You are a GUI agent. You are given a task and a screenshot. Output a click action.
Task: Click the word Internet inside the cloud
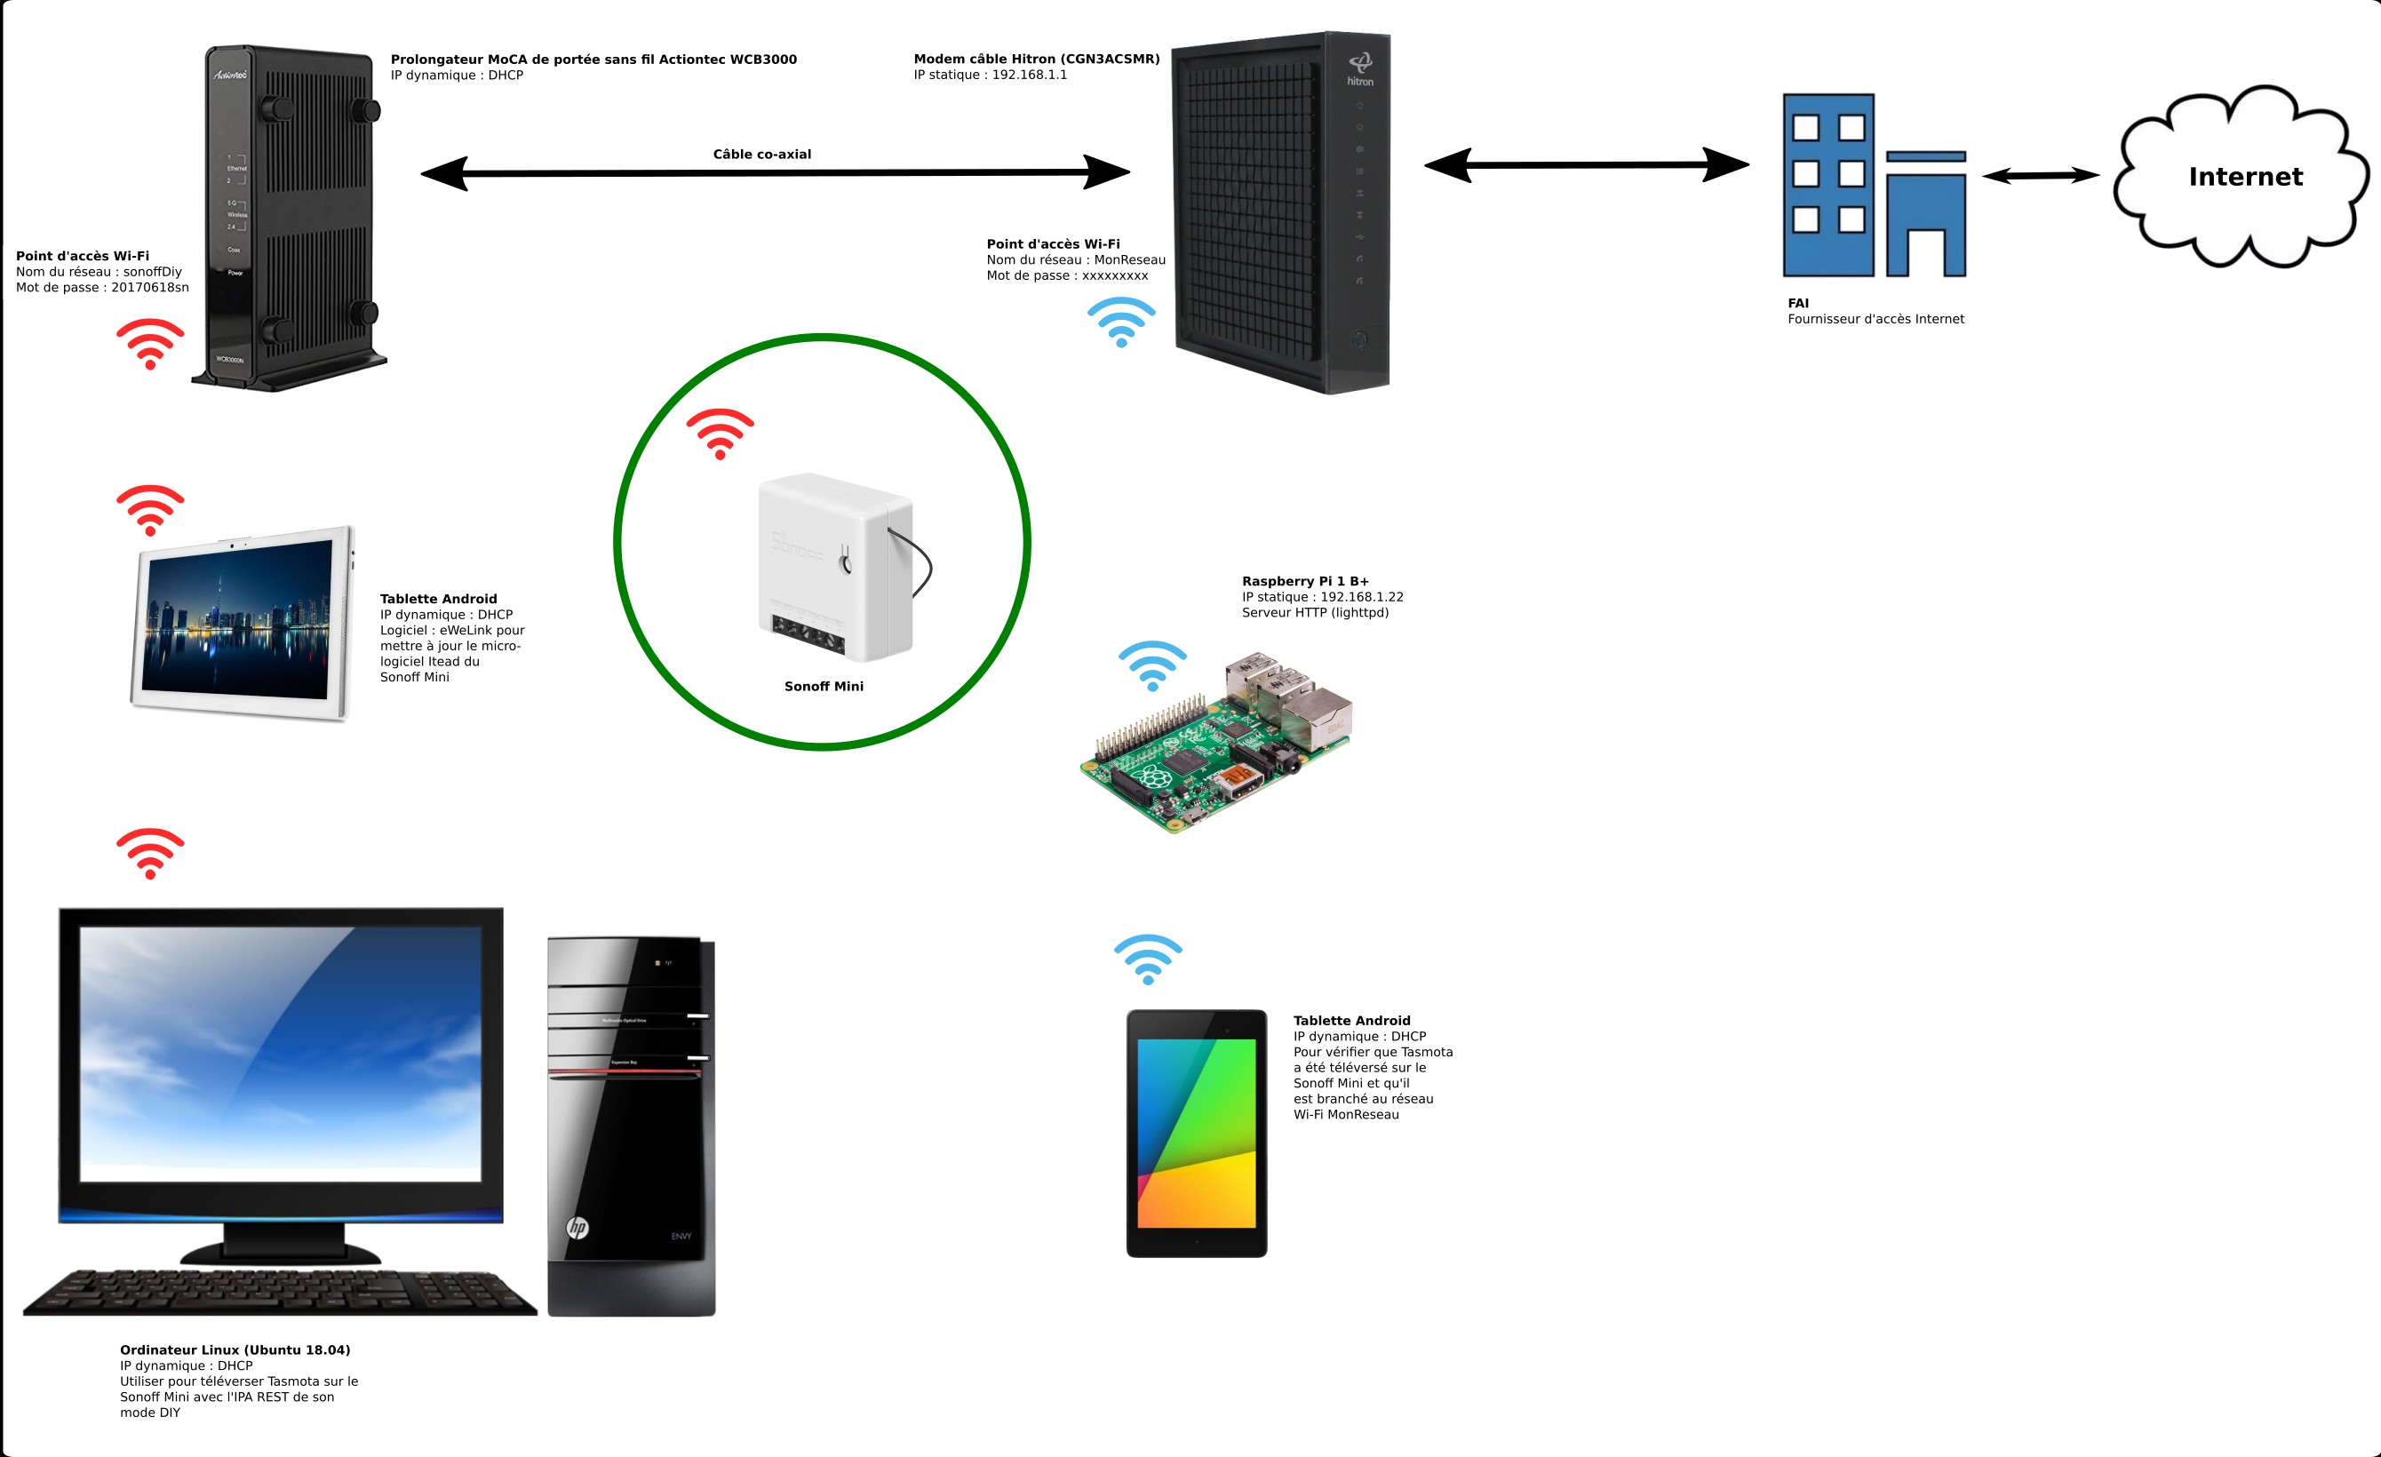[2245, 177]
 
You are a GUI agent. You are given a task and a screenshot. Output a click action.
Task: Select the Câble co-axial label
[761, 155]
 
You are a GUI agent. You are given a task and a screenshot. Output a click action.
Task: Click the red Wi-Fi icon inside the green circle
[720, 434]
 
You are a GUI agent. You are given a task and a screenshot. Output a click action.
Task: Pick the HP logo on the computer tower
[577, 1227]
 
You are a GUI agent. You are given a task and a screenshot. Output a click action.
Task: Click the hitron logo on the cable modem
[1359, 69]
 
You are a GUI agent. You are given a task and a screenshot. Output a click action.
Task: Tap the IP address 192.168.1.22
[1362, 597]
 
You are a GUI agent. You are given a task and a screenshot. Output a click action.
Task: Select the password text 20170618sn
[150, 288]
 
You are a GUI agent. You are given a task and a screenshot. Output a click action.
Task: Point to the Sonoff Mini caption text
[824, 687]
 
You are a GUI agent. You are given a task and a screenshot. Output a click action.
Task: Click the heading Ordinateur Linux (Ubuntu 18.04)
[235, 1350]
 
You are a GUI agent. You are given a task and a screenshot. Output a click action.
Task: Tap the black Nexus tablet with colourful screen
[1197, 1134]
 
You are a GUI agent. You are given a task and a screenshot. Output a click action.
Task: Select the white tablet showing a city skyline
[242, 623]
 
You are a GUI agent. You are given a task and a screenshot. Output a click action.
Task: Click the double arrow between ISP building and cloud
[2040, 176]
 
